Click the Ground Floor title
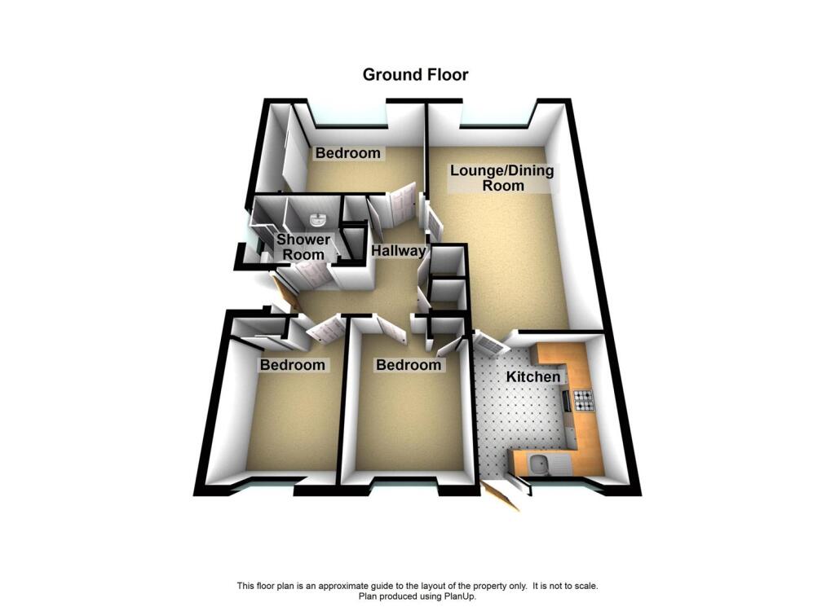(x=415, y=75)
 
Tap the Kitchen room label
(x=533, y=377)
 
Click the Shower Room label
(x=303, y=247)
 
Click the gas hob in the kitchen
(x=584, y=400)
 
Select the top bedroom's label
(x=348, y=153)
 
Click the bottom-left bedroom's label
(x=292, y=365)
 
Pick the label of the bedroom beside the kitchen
(x=408, y=365)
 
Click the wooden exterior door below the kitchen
(x=501, y=495)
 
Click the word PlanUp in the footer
(x=459, y=596)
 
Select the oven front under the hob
(x=565, y=401)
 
